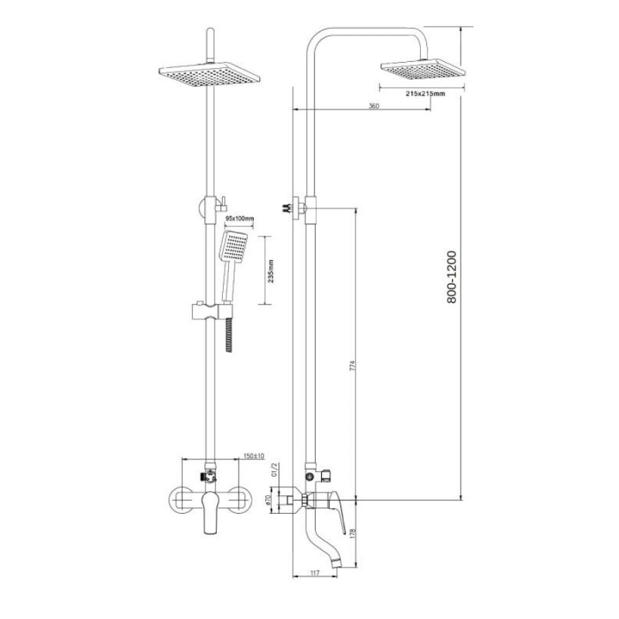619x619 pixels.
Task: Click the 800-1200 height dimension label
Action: tap(451, 277)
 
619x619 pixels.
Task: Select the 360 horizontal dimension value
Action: tap(373, 106)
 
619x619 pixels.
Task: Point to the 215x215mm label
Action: tap(425, 94)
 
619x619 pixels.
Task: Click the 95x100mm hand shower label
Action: tap(239, 218)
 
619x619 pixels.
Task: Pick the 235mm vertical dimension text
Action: tap(270, 271)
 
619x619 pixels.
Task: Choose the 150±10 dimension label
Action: tap(254, 456)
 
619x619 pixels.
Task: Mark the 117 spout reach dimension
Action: tap(315, 573)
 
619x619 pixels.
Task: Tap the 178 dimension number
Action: tap(353, 534)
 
